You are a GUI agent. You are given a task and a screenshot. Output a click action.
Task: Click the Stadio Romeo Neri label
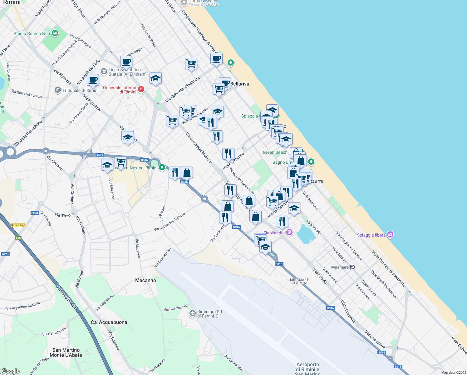tap(32, 33)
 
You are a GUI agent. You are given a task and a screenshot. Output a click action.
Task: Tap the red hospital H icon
tap(141, 89)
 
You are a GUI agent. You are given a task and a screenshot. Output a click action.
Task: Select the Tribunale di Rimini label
tap(80, 90)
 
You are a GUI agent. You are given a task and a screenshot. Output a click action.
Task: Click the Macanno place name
tap(145, 280)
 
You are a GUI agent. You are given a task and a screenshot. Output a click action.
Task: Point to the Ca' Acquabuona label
tap(109, 322)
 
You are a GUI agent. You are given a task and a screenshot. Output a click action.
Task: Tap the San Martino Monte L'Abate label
tap(66, 352)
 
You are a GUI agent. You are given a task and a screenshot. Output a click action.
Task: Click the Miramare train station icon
tap(352, 267)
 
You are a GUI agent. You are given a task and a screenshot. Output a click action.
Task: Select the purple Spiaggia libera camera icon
tap(390, 235)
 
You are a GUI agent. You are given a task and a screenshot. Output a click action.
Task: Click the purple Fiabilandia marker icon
tap(289, 232)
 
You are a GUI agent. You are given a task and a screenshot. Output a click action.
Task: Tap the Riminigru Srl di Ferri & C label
tap(209, 314)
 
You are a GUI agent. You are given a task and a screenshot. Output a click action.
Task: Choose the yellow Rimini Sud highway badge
tap(18, 225)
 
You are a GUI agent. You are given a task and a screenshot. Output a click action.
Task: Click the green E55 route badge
tap(18, 238)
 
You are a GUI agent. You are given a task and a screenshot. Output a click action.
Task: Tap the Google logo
tap(10, 371)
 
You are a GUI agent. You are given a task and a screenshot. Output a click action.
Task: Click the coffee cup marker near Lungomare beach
tap(216, 59)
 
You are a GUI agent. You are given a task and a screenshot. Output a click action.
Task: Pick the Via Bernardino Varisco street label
tap(170, 222)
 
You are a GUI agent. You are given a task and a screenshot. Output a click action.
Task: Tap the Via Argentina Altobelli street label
tap(23, 306)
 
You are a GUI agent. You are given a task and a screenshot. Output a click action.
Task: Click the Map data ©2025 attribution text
tap(454, 372)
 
